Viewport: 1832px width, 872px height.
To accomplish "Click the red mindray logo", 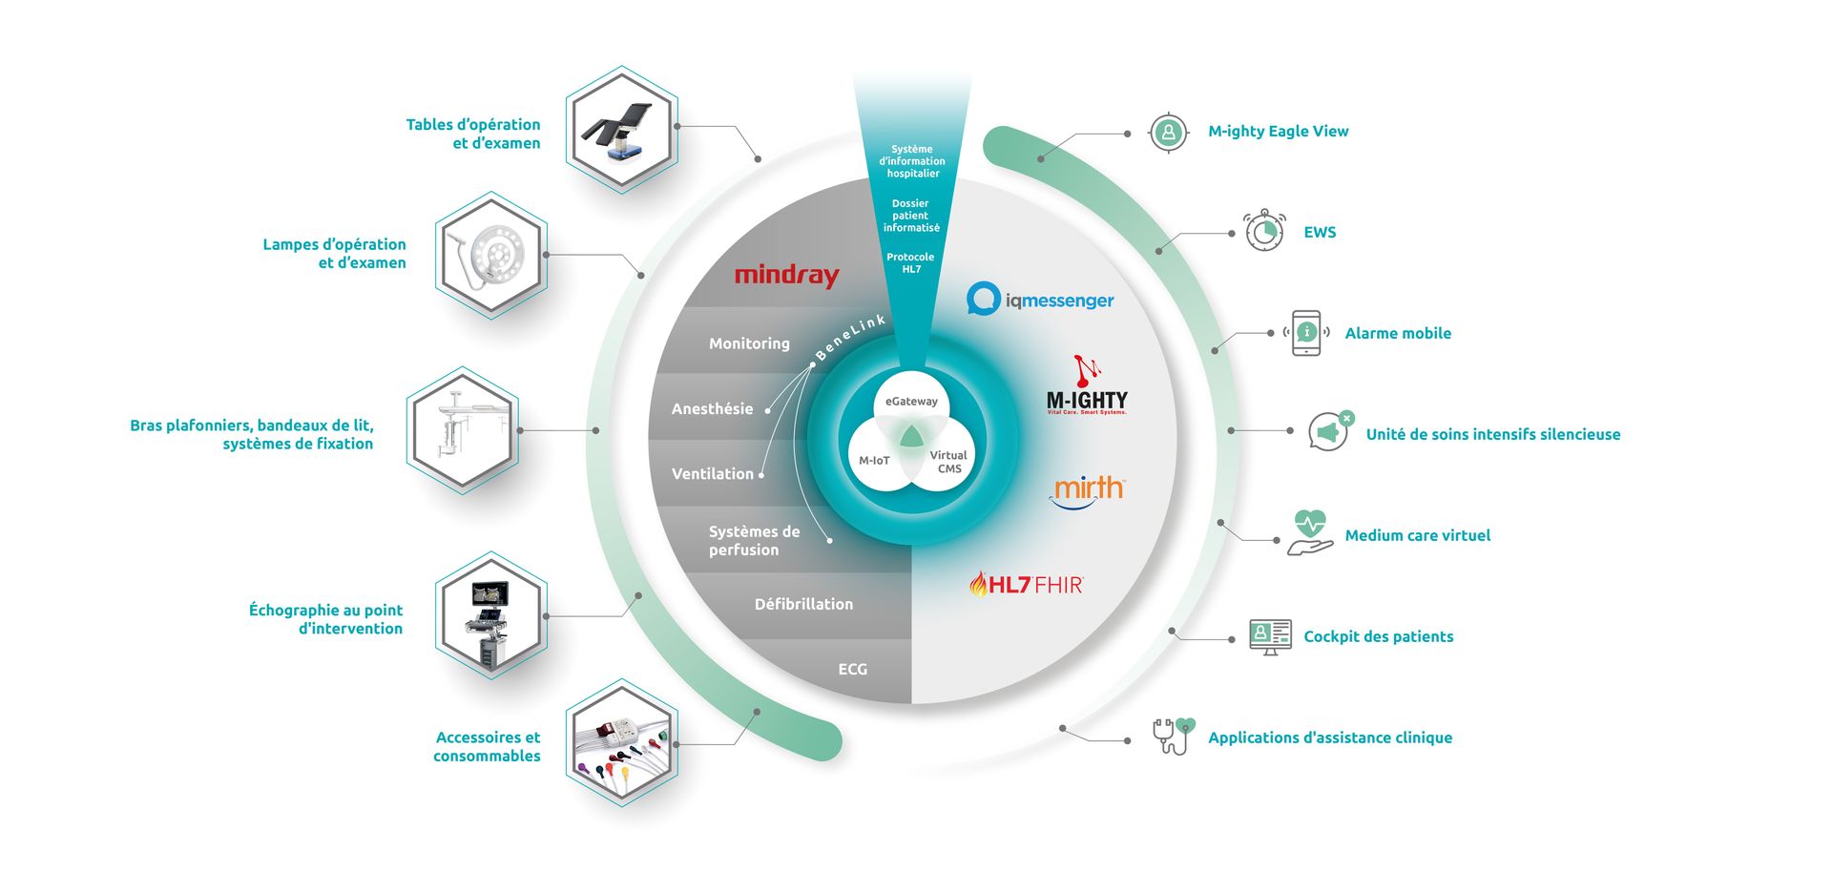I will (786, 276).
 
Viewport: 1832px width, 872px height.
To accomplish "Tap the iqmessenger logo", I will (1040, 300).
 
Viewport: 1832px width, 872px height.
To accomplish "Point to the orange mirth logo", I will (1088, 491).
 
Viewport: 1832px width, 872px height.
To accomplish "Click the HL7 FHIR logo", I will (1026, 584).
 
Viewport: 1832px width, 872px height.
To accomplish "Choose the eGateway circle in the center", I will (911, 401).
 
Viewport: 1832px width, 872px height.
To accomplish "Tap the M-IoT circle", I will (874, 461).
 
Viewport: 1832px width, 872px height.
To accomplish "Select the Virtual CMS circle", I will (949, 462).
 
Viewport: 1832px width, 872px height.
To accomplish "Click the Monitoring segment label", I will (749, 343).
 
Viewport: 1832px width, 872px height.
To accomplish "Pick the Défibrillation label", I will (803, 604).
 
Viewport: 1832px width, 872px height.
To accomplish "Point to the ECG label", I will (853, 670).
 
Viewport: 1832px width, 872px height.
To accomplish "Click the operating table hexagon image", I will (621, 130).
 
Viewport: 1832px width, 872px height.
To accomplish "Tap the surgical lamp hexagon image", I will (490, 255).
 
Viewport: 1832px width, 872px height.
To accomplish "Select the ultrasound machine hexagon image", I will (490, 615).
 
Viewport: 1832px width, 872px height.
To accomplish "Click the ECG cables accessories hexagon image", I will (621, 743).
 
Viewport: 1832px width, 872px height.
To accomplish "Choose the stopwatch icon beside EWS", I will (1264, 231).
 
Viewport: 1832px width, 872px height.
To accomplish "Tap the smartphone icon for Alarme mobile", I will (1306, 333).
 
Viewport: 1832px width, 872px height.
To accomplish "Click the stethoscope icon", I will (1173, 736).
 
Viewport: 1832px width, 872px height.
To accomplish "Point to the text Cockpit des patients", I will (1378, 636).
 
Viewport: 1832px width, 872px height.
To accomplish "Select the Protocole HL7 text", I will (910, 263).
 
